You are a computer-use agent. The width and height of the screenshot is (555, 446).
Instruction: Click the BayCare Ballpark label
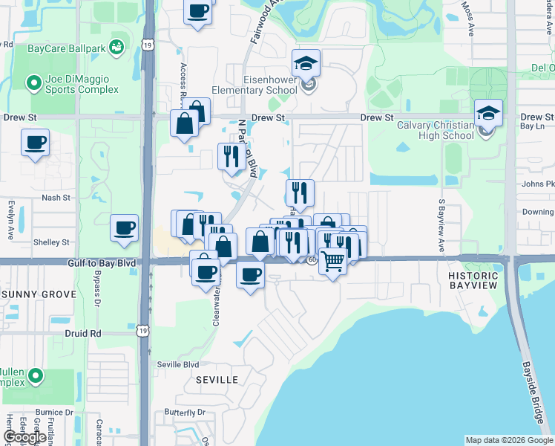tap(65, 49)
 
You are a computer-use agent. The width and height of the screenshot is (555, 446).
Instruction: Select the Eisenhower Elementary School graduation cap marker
tap(305, 65)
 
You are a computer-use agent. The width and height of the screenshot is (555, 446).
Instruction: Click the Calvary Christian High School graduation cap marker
tap(488, 114)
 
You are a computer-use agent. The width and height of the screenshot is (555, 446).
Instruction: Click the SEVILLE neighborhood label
tap(217, 380)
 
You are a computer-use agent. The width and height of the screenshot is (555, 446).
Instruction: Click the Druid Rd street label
tap(82, 334)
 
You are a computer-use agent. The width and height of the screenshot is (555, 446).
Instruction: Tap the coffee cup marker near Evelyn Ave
tap(35, 143)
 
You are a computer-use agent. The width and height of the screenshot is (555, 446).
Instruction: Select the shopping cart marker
tap(333, 262)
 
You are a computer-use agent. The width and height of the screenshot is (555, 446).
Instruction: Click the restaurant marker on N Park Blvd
tap(231, 156)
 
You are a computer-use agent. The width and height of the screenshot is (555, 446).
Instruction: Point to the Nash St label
tap(56, 198)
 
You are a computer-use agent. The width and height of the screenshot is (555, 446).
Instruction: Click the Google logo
tap(24, 438)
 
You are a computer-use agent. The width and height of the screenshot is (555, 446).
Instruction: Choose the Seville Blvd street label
tap(178, 364)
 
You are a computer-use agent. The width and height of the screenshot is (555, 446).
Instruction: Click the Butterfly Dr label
tap(185, 413)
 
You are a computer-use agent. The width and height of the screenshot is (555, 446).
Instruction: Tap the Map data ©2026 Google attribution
tap(509, 440)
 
